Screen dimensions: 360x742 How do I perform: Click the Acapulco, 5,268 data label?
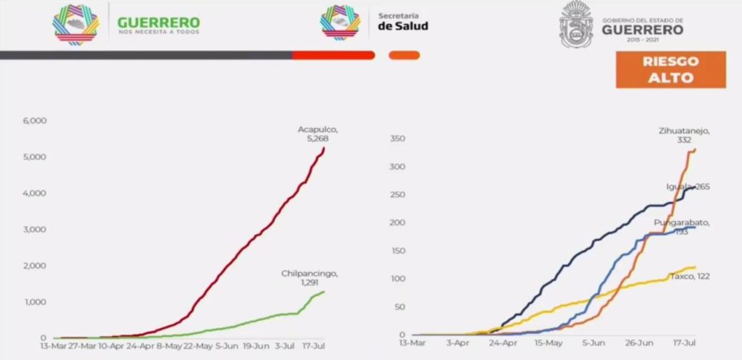pos(318,134)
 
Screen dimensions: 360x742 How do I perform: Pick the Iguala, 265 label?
pos(688,187)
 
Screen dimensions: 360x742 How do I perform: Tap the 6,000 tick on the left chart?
pos(35,120)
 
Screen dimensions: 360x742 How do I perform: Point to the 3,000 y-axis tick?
pos(35,230)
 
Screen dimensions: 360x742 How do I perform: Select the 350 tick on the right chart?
pos(398,138)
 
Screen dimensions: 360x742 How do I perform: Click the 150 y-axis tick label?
pos(398,251)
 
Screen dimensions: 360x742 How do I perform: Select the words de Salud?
pos(403,26)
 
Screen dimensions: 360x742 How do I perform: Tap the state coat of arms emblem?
pos(577,25)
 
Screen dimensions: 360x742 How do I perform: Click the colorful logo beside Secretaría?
pos(340,23)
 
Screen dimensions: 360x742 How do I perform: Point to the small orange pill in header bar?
pos(404,54)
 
